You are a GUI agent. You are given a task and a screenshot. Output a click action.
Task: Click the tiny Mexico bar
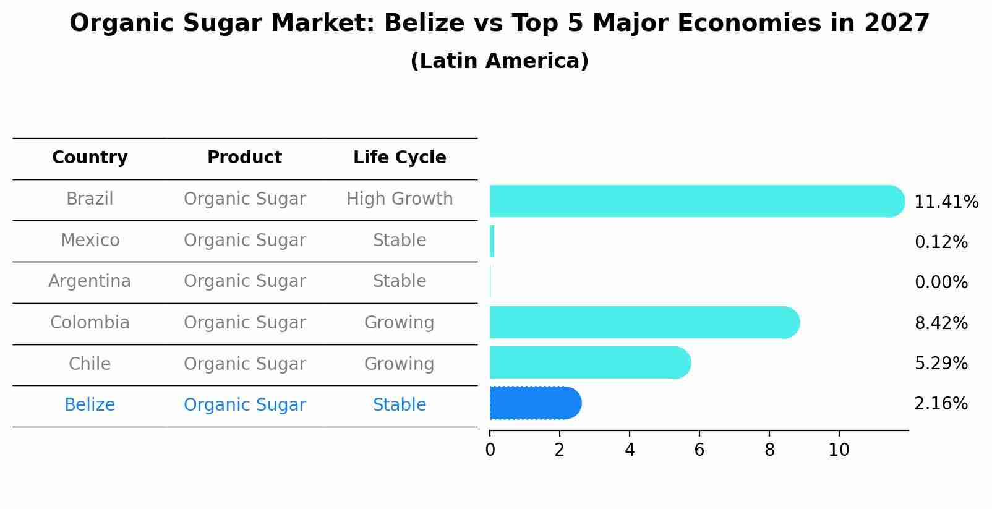492,241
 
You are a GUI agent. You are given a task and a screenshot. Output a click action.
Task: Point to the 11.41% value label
946,202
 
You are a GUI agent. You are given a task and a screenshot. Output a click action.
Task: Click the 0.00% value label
941,283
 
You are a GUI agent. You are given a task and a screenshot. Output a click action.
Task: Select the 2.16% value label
941,404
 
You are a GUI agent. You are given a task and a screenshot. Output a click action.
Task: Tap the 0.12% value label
941,242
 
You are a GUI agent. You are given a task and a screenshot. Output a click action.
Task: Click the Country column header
90,158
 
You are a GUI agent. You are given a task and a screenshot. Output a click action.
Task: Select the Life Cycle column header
400,158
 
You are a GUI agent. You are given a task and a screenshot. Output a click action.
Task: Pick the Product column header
244,158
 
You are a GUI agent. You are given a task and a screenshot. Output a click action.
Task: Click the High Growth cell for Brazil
400,199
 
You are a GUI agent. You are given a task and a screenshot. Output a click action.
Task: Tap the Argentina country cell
90,281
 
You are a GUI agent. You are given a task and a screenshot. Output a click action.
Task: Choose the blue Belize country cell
90,405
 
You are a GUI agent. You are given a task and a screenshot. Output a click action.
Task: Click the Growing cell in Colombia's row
400,323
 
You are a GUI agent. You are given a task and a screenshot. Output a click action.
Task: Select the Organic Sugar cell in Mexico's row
244,241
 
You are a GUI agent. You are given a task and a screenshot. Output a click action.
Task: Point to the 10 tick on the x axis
839,450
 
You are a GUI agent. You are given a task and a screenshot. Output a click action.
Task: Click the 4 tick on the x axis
630,450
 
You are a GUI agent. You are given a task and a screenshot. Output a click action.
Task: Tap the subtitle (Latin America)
499,61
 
